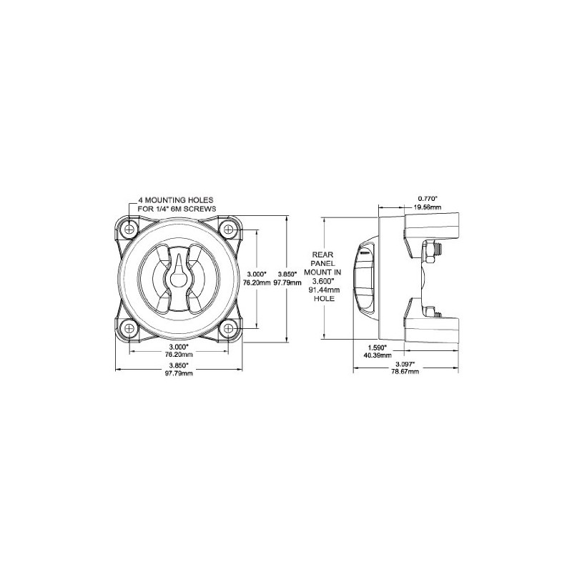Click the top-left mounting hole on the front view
129,230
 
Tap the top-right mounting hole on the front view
228,230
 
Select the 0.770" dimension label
428,198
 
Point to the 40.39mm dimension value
377,355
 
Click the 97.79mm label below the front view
179,373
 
